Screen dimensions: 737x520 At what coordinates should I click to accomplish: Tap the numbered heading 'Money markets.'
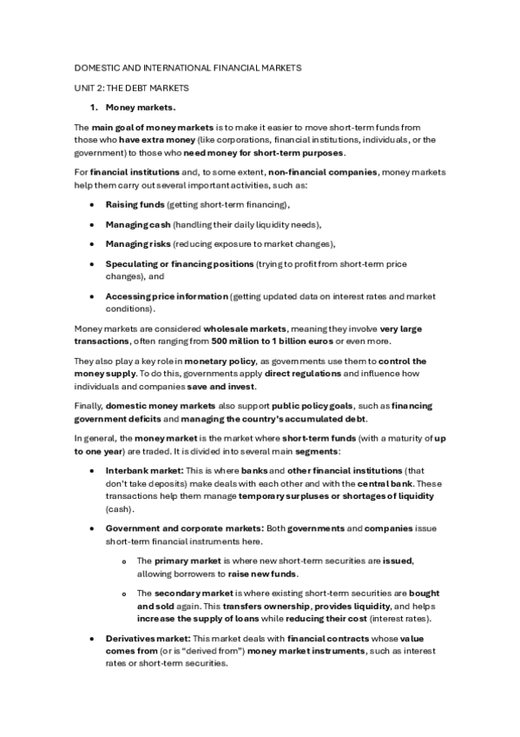(141, 108)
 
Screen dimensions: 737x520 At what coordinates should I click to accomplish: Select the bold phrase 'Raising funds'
(135, 205)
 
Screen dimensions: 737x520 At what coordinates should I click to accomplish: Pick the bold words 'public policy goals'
(313, 406)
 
